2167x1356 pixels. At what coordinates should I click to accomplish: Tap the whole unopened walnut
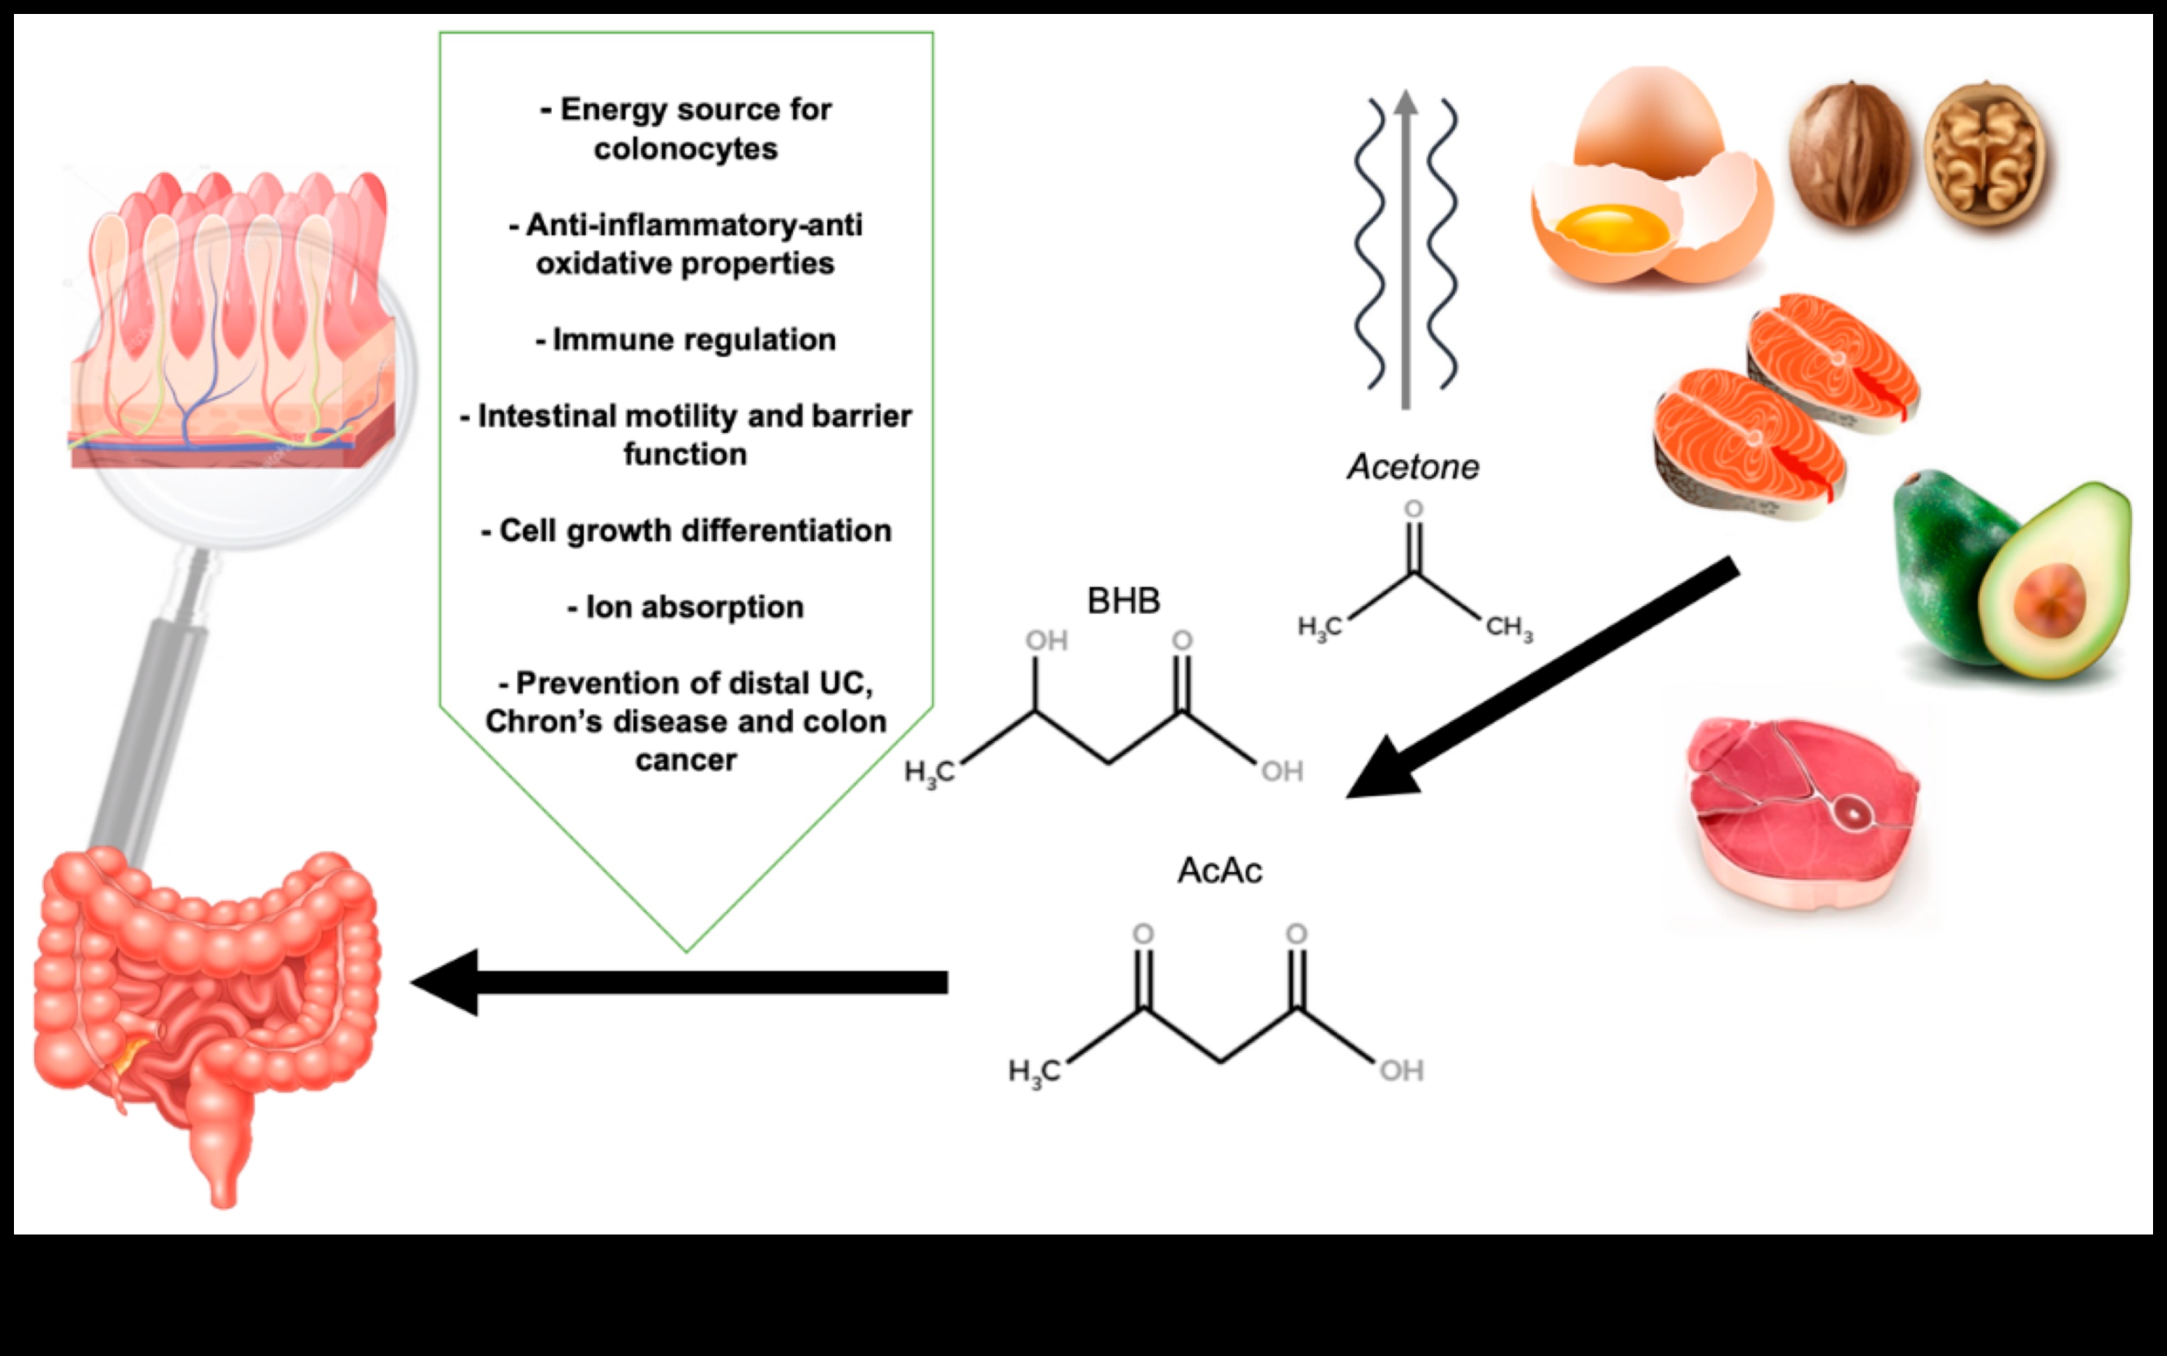1849,154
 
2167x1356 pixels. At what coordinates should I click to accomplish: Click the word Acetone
1413,467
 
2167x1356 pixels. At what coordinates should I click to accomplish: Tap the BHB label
1123,600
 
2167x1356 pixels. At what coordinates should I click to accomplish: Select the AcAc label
1220,870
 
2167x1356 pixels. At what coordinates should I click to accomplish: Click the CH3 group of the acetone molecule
1509,628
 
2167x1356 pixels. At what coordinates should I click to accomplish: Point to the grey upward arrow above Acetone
1406,251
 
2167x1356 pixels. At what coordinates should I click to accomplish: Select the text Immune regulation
686,340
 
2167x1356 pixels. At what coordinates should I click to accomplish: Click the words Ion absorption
686,607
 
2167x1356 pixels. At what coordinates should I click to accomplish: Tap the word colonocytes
686,149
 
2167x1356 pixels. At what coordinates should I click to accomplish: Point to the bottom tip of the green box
686,949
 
